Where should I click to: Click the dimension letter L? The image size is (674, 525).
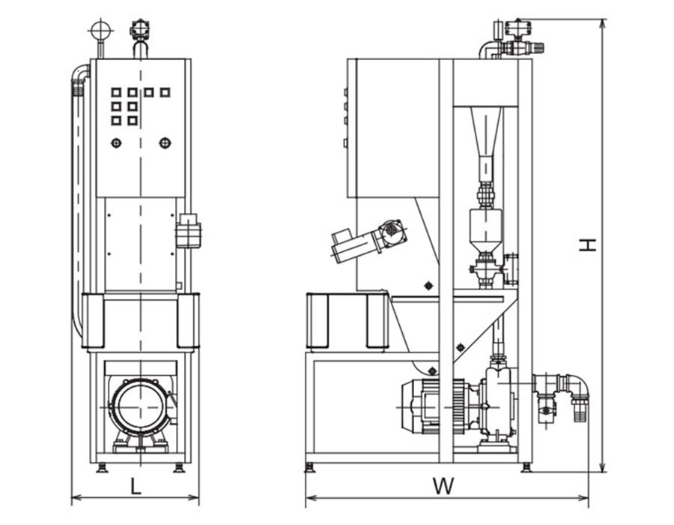136,486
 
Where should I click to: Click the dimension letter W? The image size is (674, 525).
443,486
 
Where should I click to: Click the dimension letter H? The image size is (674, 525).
588,244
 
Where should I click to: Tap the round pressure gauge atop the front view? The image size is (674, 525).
101,31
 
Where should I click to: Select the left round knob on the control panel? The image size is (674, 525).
116,142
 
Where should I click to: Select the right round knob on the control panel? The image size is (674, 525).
165,142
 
